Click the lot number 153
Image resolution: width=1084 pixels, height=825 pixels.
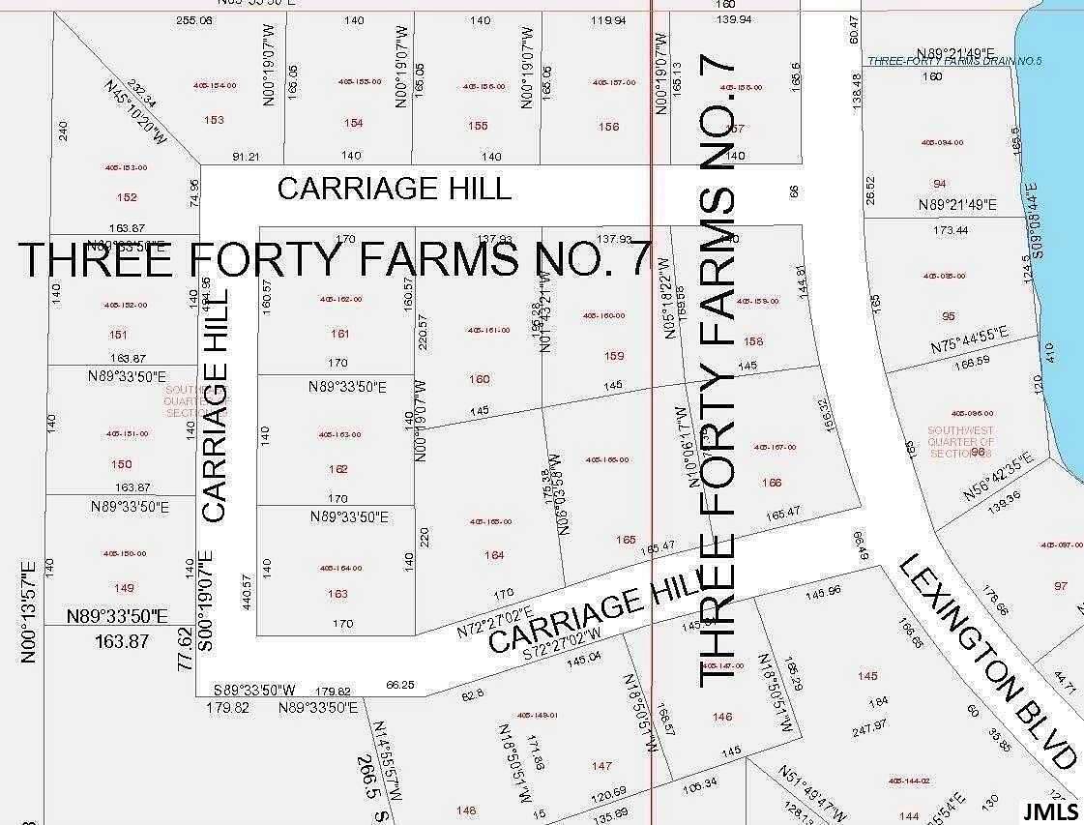(214, 120)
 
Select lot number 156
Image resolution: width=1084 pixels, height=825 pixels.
(608, 127)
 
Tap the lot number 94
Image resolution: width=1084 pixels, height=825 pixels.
(939, 184)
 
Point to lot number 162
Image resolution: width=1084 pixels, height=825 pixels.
(338, 469)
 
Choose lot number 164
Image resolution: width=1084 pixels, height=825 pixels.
(494, 555)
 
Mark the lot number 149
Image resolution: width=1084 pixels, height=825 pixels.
(124, 588)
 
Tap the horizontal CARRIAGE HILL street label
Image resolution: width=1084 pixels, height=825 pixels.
(394, 188)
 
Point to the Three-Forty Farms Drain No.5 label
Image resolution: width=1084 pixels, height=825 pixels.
(953, 61)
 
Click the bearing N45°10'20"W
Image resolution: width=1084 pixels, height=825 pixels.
(134, 112)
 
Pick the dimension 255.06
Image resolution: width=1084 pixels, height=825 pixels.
(193, 20)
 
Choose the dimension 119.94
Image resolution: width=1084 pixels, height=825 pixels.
(607, 20)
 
